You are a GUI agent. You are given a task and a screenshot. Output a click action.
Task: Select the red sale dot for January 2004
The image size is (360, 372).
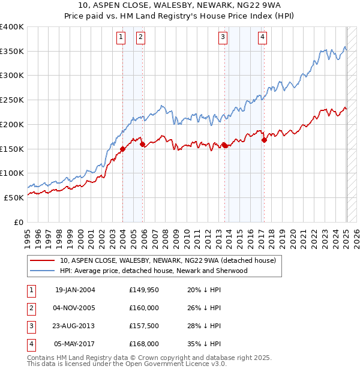pyautogui.click(x=122, y=149)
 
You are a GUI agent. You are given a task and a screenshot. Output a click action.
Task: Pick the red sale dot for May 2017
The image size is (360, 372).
pyautogui.click(x=264, y=140)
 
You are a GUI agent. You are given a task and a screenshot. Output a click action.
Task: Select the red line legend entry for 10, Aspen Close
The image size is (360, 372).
pyautogui.click(x=167, y=260)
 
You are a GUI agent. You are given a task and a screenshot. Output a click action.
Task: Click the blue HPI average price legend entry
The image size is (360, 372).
pyautogui.click(x=154, y=271)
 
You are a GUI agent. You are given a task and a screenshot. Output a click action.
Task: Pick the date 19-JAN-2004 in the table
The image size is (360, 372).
pyautogui.click(x=75, y=290)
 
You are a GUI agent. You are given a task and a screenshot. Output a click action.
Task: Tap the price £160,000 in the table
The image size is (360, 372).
pyautogui.click(x=144, y=308)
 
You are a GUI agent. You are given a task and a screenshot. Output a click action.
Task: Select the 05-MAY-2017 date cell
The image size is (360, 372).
pyautogui.click(x=75, y=344)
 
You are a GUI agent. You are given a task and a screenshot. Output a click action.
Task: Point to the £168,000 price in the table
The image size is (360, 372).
pyautogui.click(x=144, y=344)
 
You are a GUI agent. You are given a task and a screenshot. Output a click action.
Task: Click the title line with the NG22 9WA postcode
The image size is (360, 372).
pyautogui.click(x=179, y=6)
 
